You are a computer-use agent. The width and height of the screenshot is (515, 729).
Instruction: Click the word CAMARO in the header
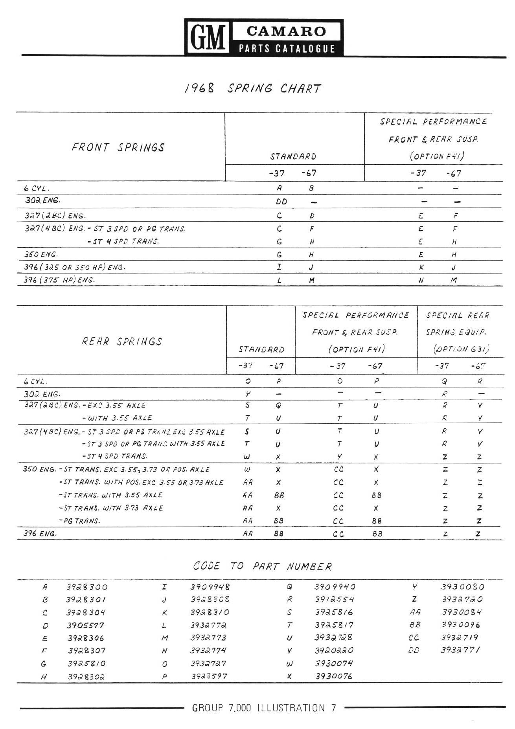point(287,31)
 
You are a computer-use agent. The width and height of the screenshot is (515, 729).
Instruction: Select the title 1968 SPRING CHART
point(253,88)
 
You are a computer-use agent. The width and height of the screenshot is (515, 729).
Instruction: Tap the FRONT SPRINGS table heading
point(118,147)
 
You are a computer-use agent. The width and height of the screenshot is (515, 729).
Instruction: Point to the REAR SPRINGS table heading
point(122,341)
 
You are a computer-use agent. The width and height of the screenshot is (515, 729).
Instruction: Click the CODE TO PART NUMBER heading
point(262,566)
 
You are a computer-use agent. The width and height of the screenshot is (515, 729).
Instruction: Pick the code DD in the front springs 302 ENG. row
point(281,202)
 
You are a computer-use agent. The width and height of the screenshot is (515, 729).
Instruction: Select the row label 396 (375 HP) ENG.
point(60,280)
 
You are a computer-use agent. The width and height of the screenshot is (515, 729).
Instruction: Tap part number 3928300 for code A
point(87,587)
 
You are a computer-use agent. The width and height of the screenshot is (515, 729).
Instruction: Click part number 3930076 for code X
point(334,676)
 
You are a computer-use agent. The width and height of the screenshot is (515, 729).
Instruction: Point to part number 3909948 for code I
point(210,587)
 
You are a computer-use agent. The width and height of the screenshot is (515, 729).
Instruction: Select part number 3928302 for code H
point(86,677)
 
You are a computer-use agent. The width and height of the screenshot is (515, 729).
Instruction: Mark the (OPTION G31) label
point(461,349)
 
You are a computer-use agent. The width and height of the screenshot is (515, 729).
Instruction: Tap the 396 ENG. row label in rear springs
point(40,534)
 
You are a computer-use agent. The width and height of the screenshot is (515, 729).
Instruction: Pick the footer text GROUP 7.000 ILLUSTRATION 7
point(264,708)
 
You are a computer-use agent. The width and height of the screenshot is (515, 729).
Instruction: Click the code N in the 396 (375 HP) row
point(421,281)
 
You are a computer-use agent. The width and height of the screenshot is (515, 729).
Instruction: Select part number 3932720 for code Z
point(462,600)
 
